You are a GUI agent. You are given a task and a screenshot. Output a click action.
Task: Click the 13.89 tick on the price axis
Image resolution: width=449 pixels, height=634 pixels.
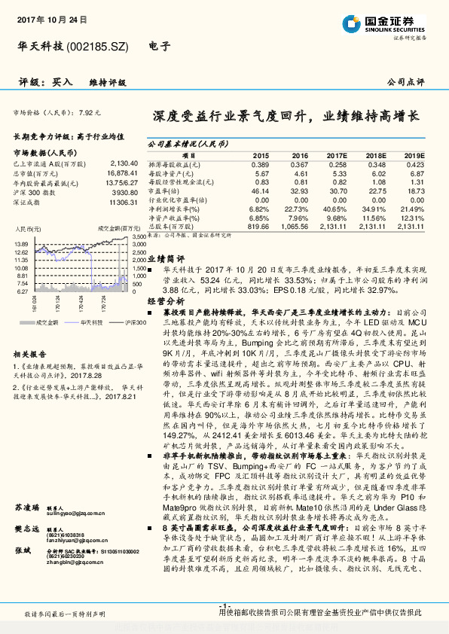pos(21,244)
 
